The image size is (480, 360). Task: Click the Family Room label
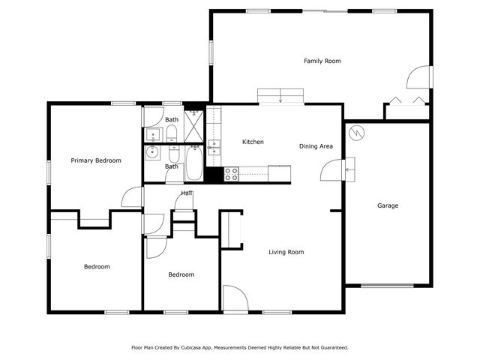[322, 61]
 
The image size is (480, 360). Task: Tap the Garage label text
[388, 205]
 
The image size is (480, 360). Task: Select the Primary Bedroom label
[96, 160]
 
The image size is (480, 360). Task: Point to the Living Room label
[286, 252]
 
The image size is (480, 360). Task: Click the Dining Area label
[316, 146]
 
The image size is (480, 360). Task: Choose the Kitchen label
[253, 142]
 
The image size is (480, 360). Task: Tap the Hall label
[186, 193]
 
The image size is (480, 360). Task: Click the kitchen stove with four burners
[232, 175]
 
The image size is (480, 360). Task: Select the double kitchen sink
[214, 146]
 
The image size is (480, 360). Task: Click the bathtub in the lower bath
[193, 165]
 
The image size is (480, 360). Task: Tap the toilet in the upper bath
[172, 134]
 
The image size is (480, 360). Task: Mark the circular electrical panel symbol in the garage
[358, 131]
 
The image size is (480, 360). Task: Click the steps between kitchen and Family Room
[280, 96]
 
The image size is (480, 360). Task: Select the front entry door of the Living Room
[233, 298]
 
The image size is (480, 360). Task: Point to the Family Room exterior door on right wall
[421, 78]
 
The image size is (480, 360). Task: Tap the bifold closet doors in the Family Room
[406, 101]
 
